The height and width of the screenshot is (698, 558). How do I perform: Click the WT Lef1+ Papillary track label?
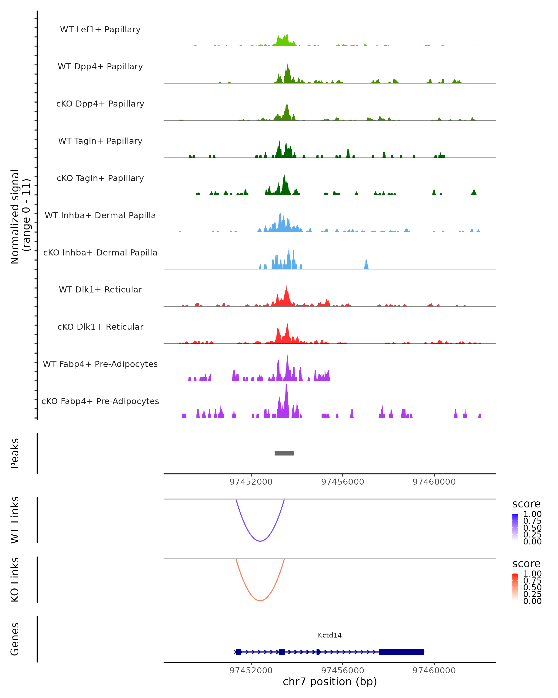click(100, 30)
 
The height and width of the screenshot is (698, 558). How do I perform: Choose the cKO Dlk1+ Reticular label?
click(100, 327)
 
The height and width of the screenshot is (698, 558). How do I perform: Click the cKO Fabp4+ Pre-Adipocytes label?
click(100, 401)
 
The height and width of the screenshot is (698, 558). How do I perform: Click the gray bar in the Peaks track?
click(284, 453)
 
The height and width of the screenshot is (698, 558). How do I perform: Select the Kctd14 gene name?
click(330, 635)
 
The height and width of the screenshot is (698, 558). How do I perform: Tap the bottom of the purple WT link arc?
click(260, 541)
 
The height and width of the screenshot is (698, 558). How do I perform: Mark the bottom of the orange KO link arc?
click(260, 601)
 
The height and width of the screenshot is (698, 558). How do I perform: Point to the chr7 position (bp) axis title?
click(330, 681)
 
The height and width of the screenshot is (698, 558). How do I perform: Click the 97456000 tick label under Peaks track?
click(342, 482)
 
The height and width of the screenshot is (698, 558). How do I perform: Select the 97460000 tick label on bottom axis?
click(434, 671)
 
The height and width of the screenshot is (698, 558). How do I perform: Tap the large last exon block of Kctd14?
click(402, 652)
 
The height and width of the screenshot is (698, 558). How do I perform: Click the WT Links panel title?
click(15, 520)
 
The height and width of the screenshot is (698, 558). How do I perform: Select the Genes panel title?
click(15, 639)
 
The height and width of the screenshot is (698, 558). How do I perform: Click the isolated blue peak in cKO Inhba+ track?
click(366, 265)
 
